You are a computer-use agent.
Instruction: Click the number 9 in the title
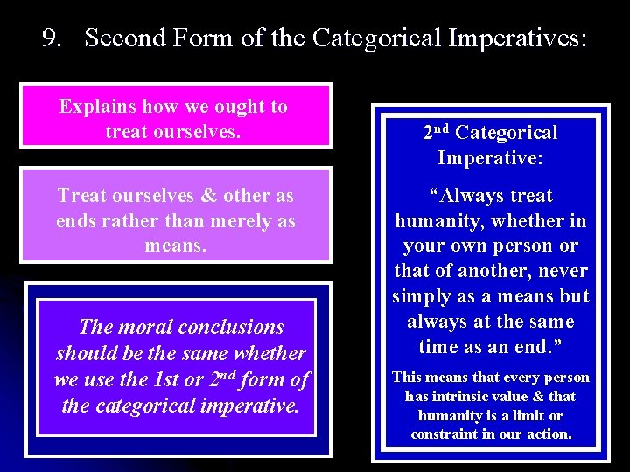pyautogui.click(x=50, y=38)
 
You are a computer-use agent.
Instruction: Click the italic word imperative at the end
pyautogui.click(x=248, y=406)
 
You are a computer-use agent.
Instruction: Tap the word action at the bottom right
pyautogui.click(x=547, y=434)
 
